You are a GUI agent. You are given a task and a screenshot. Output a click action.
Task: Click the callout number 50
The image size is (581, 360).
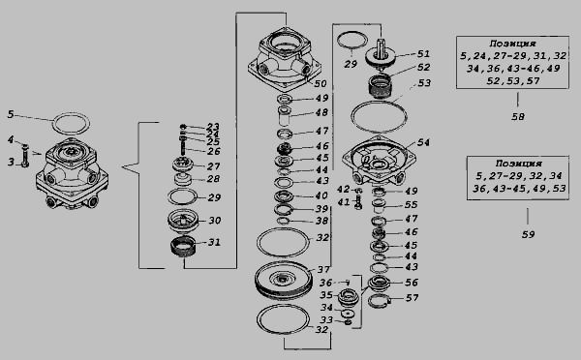coord(321,83)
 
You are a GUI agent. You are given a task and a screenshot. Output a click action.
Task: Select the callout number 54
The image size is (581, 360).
coord(423,142)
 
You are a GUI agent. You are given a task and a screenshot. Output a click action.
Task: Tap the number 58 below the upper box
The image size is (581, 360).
coord(518,117)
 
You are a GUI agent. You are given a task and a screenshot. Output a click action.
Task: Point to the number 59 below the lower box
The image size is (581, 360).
coord(528,234)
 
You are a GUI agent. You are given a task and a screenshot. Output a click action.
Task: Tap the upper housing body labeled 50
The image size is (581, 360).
coord(285,58)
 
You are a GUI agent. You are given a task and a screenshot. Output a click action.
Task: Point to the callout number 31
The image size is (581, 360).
coord(214,242)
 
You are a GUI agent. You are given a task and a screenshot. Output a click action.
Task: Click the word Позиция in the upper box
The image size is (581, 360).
coord(512,44)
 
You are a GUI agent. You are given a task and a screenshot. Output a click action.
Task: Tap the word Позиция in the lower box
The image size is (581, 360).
coord(518,164)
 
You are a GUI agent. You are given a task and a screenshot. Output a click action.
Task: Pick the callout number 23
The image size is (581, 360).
coord(213,127)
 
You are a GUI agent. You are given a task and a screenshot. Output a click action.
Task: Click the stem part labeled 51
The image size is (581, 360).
coord(381,55)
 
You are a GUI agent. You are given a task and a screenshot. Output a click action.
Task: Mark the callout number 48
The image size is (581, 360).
coord(322,112)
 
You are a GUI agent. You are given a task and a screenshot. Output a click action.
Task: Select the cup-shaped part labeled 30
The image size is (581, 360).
coord(183,221)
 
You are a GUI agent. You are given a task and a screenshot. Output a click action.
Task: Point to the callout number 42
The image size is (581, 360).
coord(343,190)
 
